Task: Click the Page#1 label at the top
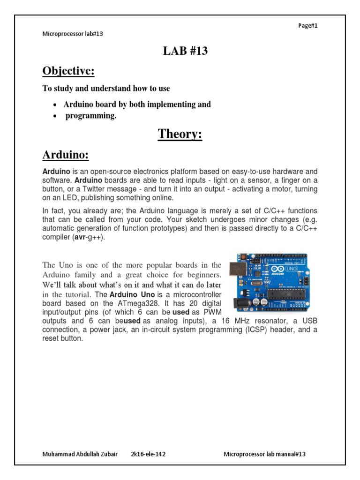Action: (308, 26)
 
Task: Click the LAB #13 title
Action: (185, 52)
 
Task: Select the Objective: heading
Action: (68, 71)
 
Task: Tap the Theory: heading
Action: (180, 134)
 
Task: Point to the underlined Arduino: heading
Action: (66, 155)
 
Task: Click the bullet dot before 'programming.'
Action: (55, 117)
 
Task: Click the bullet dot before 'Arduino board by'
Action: (55, 105)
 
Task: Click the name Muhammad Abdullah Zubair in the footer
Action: (77, 454)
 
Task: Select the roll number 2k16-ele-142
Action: (148, 454)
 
